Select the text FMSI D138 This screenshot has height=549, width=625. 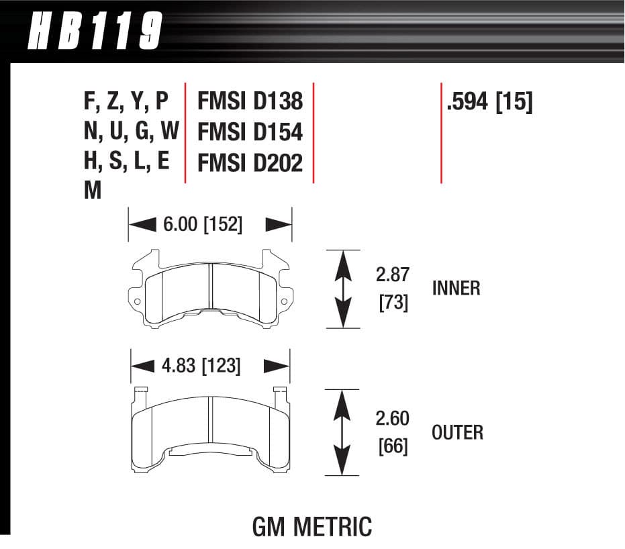[250, 101]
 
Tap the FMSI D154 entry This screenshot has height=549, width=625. [250, 132]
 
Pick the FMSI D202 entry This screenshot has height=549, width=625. [250, 163]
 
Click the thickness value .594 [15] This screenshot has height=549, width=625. [488, 102]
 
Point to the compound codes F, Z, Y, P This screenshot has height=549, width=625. [126, 101]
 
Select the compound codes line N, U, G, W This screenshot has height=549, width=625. [131, 132]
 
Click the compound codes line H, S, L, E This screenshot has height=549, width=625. [126, 162]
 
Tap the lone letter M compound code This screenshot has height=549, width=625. [93, 192]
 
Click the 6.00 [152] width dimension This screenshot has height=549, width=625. [202, 224]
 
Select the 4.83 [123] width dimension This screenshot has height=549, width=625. [201, 366]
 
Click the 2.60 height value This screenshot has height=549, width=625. [392, 419]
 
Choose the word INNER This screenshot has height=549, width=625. [456, 289]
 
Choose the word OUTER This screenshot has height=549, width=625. [457, 432]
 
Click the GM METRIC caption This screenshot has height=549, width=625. [311, 527]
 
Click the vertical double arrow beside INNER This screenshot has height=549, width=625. [342, 289]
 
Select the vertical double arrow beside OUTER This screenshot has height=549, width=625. [342, 432]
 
